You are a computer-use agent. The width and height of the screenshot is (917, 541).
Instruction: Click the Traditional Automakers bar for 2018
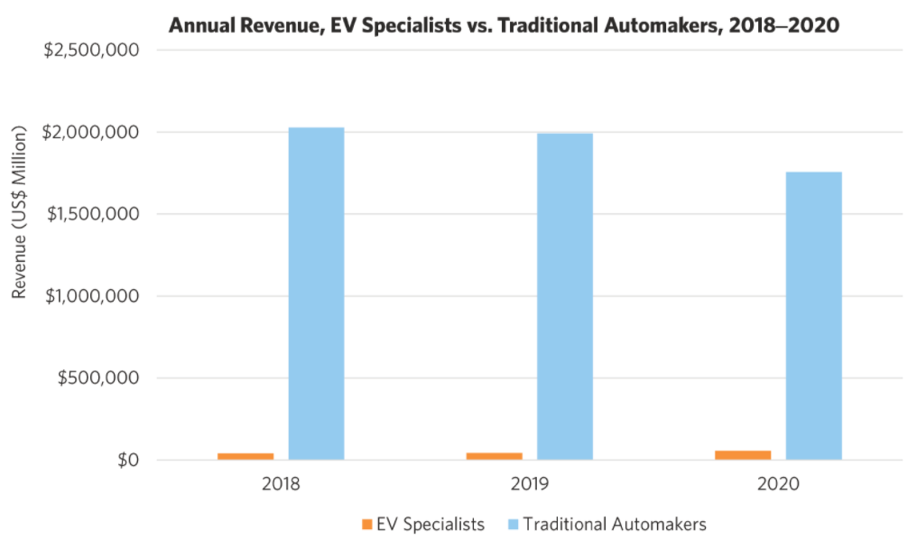point(316,294)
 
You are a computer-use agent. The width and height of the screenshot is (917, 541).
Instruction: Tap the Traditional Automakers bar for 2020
point(813,315)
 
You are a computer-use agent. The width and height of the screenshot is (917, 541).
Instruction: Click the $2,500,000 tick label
point(91,51)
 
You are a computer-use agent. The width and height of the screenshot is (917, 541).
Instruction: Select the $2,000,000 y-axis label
point(91,133)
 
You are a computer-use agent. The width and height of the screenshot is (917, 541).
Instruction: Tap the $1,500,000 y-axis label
point(91,214)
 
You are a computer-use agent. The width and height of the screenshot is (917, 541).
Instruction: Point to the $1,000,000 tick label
point(91,296)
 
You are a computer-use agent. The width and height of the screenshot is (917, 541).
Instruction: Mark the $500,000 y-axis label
point(98,378)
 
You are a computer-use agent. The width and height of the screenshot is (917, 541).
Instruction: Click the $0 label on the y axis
point(126,461)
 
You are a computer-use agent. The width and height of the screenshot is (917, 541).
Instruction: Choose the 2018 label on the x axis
point(281,485)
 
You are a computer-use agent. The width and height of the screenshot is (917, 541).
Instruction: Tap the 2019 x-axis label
point(529,485)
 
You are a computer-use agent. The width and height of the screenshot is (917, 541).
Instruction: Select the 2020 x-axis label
point(778,485)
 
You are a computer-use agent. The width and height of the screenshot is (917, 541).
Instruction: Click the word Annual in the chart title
point(202,25)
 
